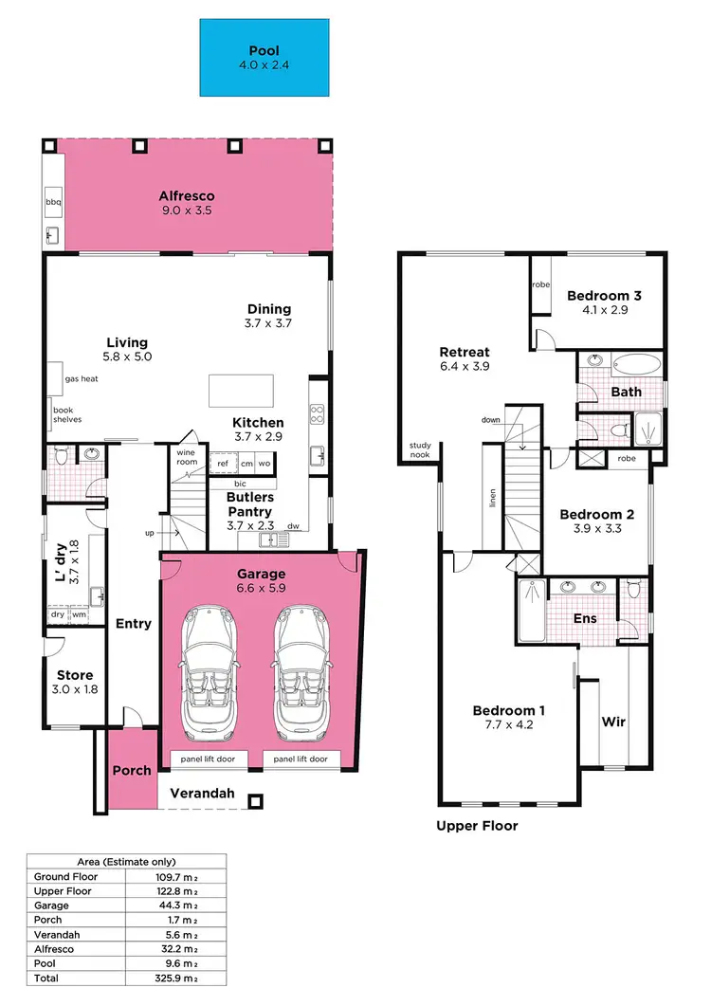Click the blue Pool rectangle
coord(264,57)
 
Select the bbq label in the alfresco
coord(53,202)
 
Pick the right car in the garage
coord(301,671)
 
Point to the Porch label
coord(132,770)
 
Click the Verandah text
coord(202,794)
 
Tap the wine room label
coord(186,456)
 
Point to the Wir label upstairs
coord(613,722)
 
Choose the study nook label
coord(419,449)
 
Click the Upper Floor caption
coord(477,826)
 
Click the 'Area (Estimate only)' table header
coord(125,862)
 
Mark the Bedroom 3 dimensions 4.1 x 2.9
coord(604,310)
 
